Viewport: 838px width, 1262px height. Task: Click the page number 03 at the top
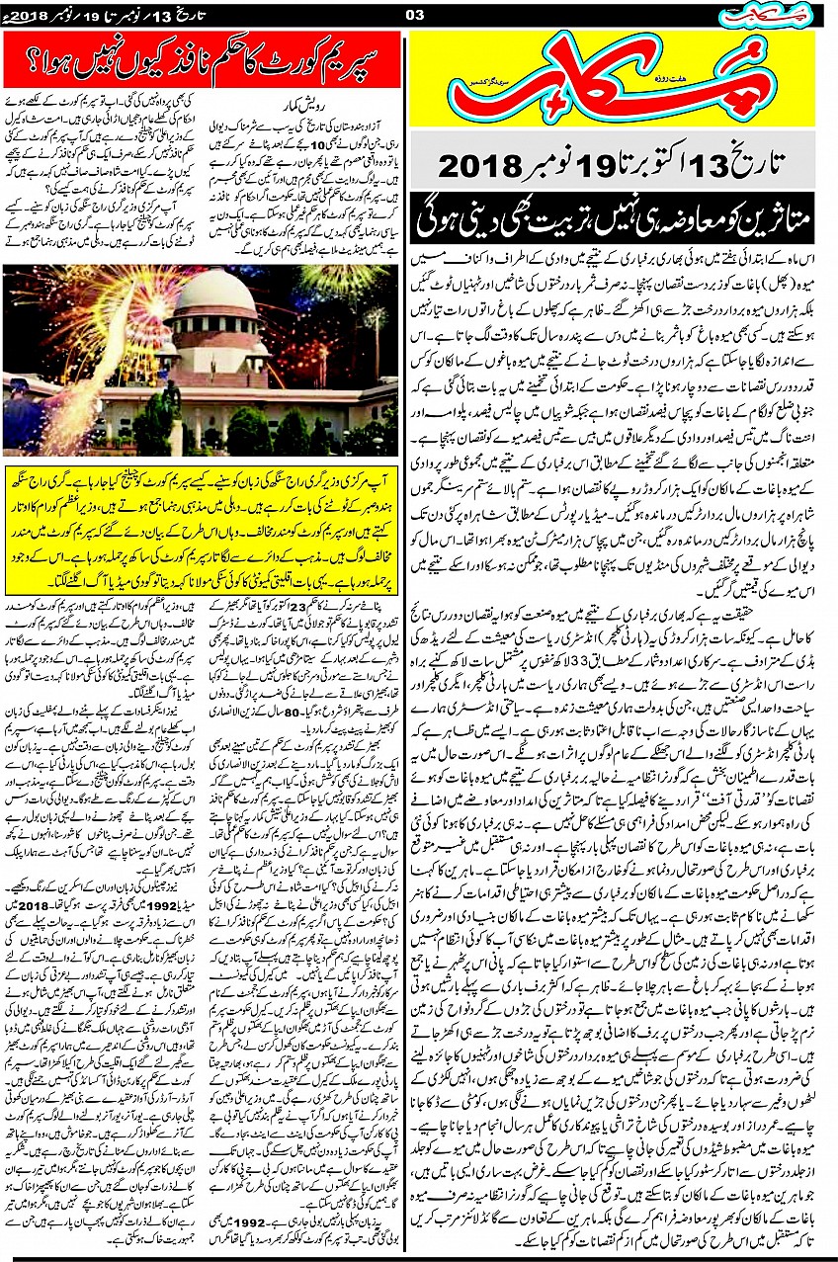click(415, 13)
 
